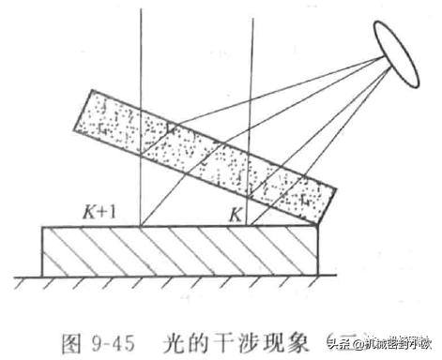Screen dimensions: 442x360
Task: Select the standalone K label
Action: pyautogui.click(x=237, y=215)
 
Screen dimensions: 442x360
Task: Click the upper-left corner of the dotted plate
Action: pyautogui.click(x=92, y=91)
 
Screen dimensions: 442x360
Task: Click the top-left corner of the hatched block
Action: pyautogui.click(x=43, y=227)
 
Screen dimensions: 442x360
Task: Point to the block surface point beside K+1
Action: pyautogui.click(x=140, y=226)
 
